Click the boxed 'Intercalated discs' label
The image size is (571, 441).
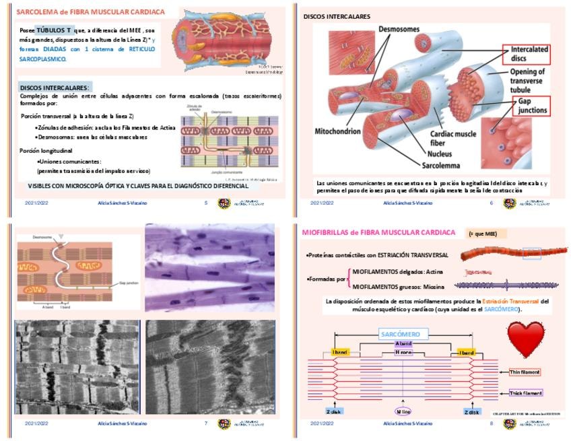tap(529, 54)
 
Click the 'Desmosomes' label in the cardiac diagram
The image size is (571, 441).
tap(399, 30)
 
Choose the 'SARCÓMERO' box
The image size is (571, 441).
tap(400, 334)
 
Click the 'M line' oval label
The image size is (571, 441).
tap(403, 411)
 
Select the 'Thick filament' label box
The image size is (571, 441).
tap(524, 393)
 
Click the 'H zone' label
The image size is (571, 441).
tap(403, 351)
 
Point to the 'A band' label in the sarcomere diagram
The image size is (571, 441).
tap(403, 343)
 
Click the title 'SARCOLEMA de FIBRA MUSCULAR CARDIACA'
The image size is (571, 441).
tap(90, 12)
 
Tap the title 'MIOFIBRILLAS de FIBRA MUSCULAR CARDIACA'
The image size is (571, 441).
tap(379, 233)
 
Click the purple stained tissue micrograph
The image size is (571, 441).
tap(209, 268)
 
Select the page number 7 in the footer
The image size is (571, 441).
tap(205, 423)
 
